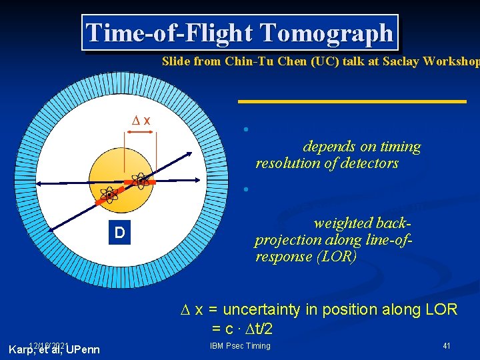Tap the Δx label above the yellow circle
click(x=141, y=120)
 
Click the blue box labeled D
click(x=119, y=233)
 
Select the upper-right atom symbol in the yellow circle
click(x=141, y=180)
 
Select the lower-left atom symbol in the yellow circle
click(x=109, y=195)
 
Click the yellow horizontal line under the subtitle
click(x=352, y=101)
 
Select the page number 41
click(x=447, y=345)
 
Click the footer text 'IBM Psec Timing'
click(x=240, y=345)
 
